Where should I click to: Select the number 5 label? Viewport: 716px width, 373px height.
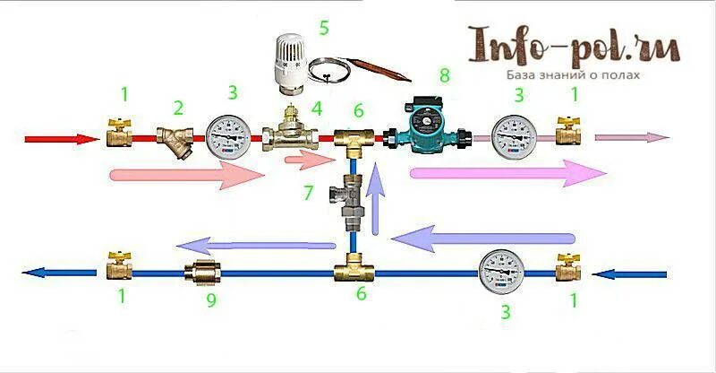click(x=323, y=28)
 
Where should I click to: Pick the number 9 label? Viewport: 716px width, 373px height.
click(x=212, y=301)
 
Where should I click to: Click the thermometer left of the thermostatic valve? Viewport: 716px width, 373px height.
click(x=227, y=137)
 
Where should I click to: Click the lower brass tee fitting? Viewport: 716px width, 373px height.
click(x=354, y=272)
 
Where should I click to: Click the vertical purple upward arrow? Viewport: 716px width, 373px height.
click(x=379, y=202)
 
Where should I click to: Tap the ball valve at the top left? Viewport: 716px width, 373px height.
click(x=117, y=135)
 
